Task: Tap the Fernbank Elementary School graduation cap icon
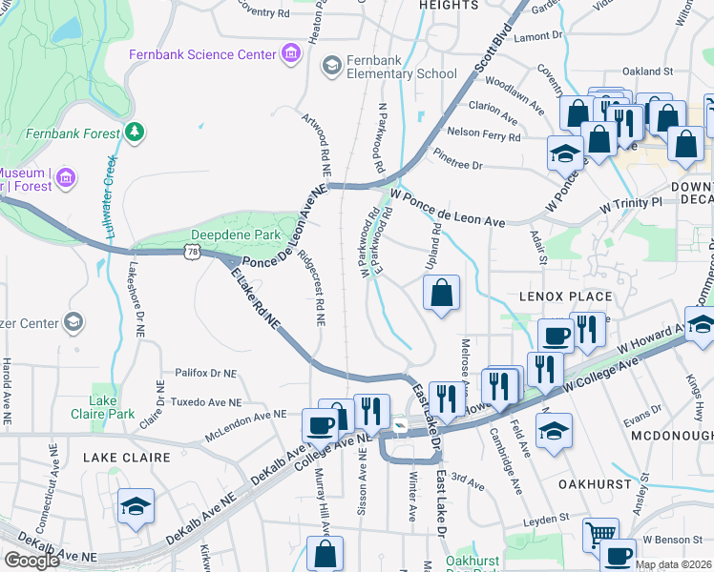click(x=332, y=65)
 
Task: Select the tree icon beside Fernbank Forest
click(x=136, y=133)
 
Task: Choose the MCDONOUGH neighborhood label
click(x=671, y=435)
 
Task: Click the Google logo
click(x=31, y=560)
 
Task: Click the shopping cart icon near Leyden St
click(x=600, y=535)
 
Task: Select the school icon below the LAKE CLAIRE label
click(x=136, y=508)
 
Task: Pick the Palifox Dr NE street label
click(x=205, y=374)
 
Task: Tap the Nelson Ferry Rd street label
click(x=483, y=133)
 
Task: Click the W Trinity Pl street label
click(x=630, y=204)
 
